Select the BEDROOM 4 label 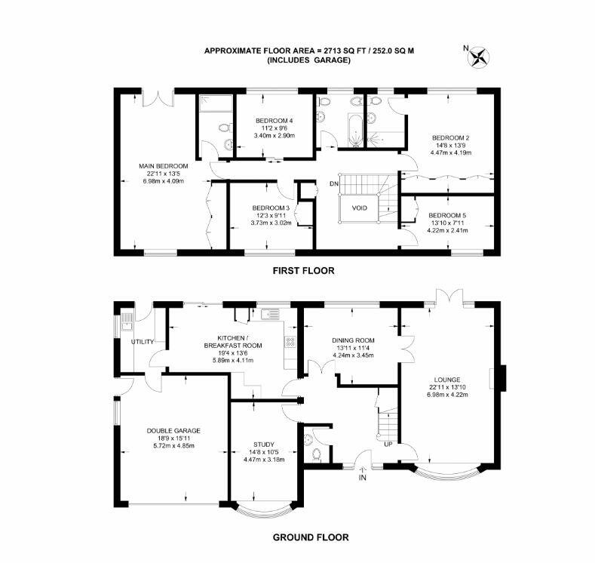(x=274, y=121)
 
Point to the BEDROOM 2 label (x=451, y=137)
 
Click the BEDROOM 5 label (x=448, y=216)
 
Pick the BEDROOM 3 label (x=271, y=208)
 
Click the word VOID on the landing (x=359, y=208)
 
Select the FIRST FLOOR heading (x=304, y=269)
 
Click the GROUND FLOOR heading (x=311, y=537)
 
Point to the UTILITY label (x=143, y=342)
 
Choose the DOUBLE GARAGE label (x=173, y=430)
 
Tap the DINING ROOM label (x=353, y=340)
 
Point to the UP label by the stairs (x=388, y=444)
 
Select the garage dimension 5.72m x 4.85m (x=173, y=445)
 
